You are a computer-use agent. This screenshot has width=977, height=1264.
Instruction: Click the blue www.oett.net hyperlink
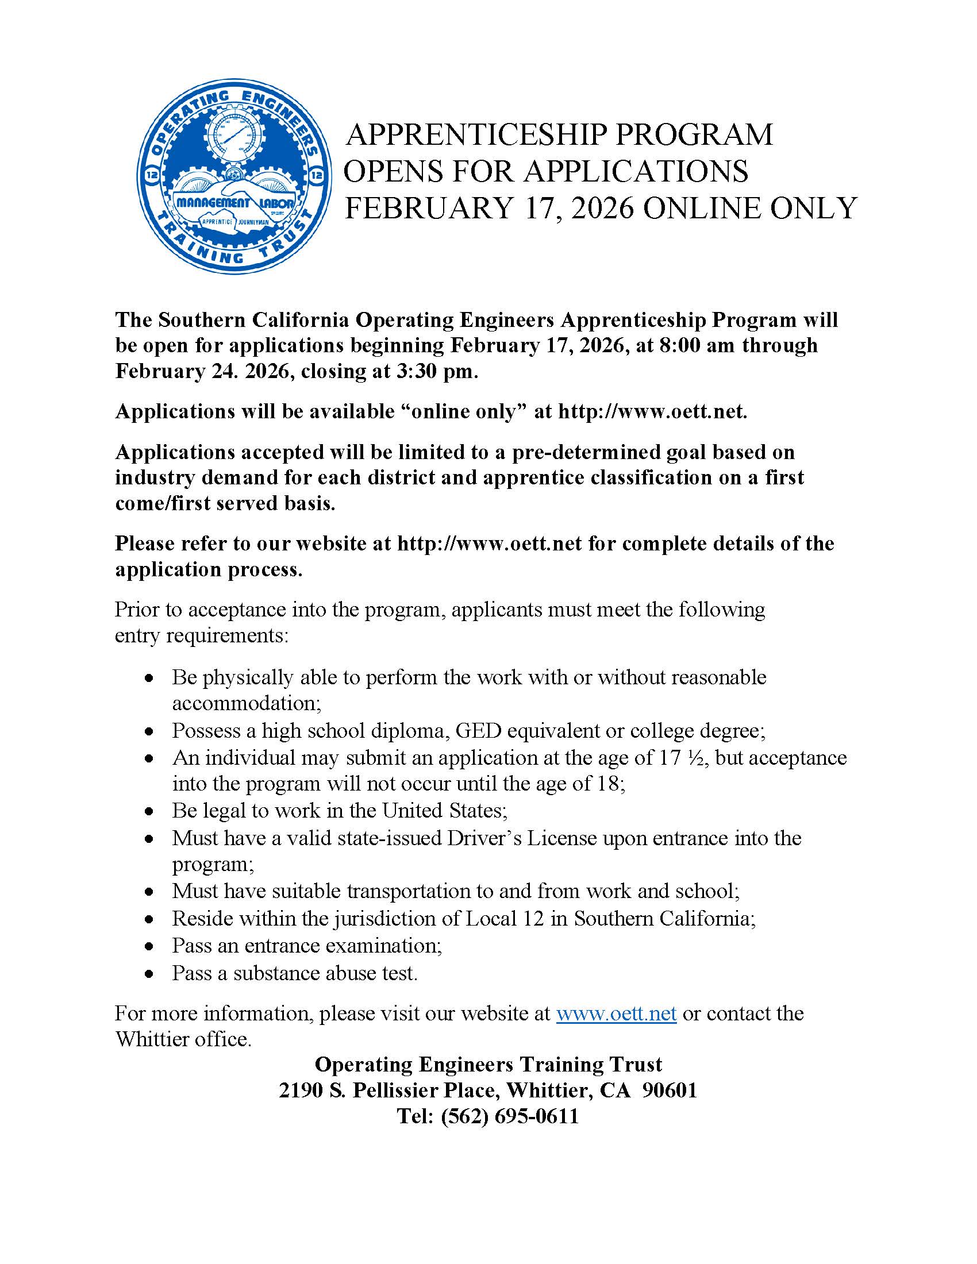click(x=617, y=1013)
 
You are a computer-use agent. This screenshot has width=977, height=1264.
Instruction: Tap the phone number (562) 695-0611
click(x=509, y=1116)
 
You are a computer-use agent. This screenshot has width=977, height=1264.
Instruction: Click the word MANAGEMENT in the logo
click(x=213, y=203)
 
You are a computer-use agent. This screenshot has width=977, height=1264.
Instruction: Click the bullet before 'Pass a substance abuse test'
click(x=150, y=974)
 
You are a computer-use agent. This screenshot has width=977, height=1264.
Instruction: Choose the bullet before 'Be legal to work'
click(x=150, y=812)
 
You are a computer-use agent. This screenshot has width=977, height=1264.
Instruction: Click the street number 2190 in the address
click(x=301, y=1090)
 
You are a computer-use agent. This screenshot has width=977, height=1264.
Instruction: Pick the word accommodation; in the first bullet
click(x=247, y=703)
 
